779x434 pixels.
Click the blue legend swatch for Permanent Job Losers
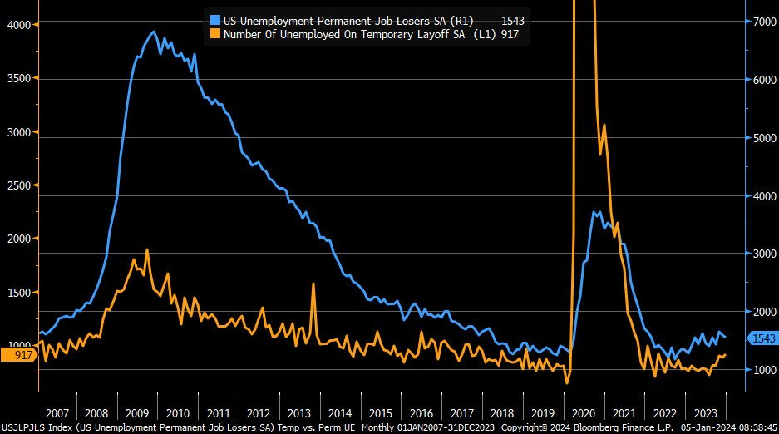(x=214, y=20)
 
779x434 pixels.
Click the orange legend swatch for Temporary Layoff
(x=214, y=34)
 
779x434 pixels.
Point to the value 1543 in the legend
(x=512, y=20)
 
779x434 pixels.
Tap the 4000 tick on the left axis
(x=17, y=25)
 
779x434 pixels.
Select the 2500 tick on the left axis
(x=17, y=185)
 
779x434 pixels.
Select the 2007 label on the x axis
(x=57, y=412)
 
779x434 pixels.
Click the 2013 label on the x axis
(x=298, y=412)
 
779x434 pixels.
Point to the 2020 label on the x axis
(x=584, y=412)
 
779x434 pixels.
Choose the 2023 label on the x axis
(x=705, y=412)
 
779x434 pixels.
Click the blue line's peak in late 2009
(x=153, y=32)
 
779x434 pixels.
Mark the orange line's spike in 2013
(x=313, y=284)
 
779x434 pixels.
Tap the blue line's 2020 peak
(x=595, y=212)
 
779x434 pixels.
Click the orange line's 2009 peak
(x=147, y=249)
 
